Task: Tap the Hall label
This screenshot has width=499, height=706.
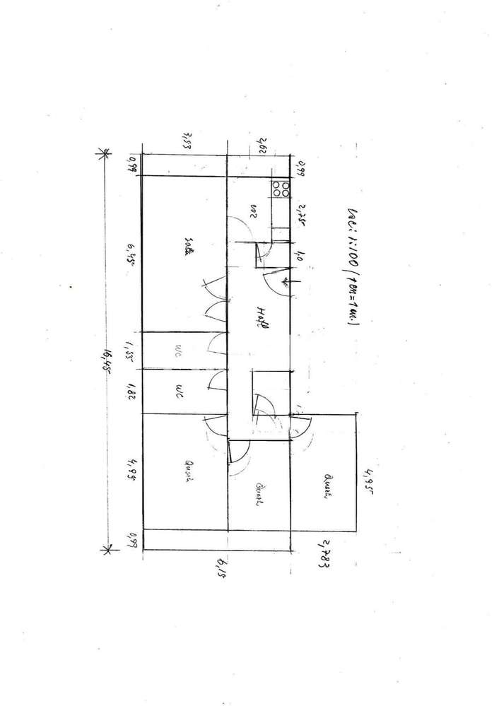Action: click(261, 317)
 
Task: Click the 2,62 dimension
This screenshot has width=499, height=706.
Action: click(261, 146)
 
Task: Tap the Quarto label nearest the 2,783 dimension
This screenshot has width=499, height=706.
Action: click(327, 487)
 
